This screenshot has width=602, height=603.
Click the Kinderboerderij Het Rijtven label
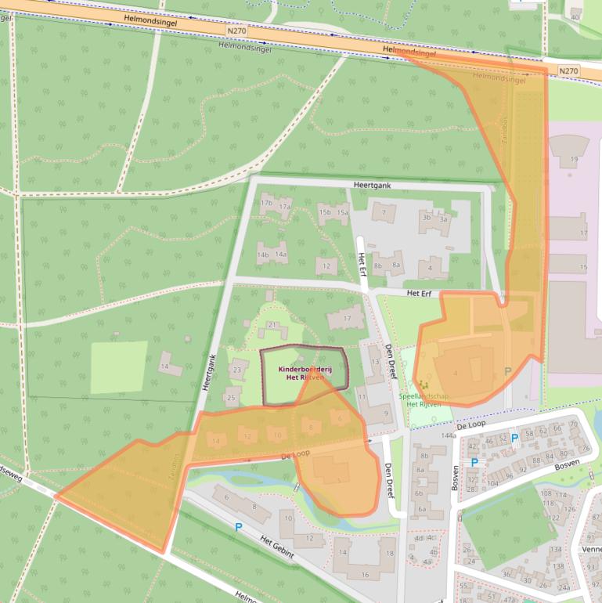click(x=305, y=373)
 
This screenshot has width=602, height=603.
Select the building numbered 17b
click(x=266, y=203)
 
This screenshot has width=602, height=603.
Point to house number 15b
click(x=325, y=211)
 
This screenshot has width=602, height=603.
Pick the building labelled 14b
click(x=263, y=255)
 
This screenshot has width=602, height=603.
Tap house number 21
click(x=272, y=325)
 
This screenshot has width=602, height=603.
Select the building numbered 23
click(x=236, y=370)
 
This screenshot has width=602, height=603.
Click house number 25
click(x=230, y=398)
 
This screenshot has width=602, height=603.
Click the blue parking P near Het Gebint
click(x=238, y=528)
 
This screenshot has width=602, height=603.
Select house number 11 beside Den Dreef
click(x=362, y=398)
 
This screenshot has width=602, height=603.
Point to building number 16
click(x=365, y=576)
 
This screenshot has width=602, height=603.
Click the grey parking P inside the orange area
click(x=507, y=370)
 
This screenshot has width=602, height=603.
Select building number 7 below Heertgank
click(x=384, y=211)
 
